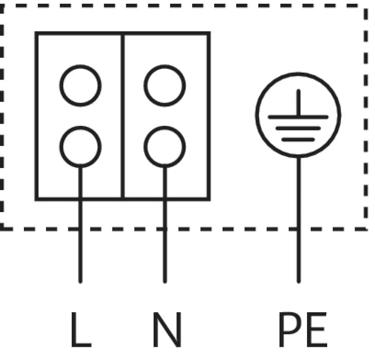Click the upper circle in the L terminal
[x=80, y=86]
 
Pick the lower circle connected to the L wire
[x=80, y=147]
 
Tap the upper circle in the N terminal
[x=165, y=86]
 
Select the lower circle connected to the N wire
[x=165, y=147]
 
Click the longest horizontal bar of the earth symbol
[x=298, y=117]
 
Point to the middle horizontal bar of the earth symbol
[x=298, y=128]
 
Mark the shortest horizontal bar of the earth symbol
[x=298, y=139]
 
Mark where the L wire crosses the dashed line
[x=80, y=228]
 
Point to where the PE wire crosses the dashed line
[x=298, y=228]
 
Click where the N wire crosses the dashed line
[x=165, y=228]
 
